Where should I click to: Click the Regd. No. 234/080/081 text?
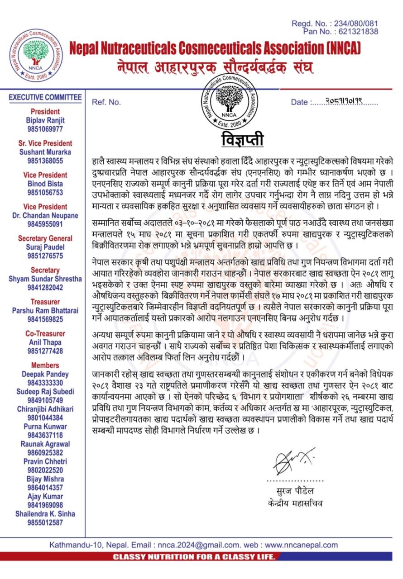tap(335, 23)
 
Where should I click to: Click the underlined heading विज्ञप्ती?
tap(242, 139)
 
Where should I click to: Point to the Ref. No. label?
tap(106, 102)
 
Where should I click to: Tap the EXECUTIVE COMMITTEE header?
tap(45, 97)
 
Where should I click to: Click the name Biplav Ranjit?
tap(45, 120)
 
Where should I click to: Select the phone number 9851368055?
tap(45, 161)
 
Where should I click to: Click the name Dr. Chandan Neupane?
tap(45, 215)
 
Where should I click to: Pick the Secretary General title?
tap(45, 238)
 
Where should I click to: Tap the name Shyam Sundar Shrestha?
tap(45, 279)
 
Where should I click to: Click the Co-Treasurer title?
tap(45, 333)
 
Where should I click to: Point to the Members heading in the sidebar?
tap(45, 365)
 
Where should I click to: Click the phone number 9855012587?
tap(45, 522)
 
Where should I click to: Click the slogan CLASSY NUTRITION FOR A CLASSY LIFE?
tap(194, 556)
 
